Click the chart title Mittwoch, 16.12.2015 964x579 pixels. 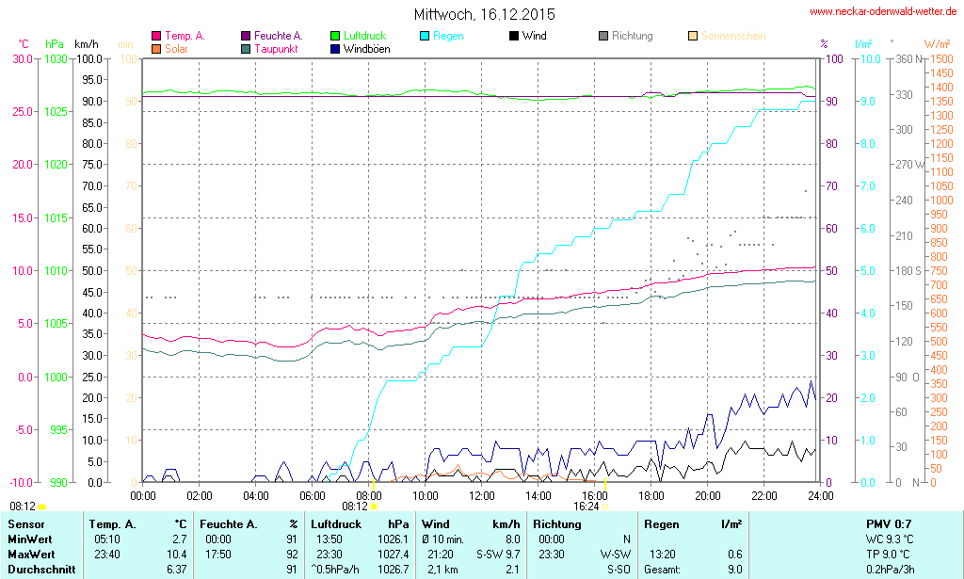484,15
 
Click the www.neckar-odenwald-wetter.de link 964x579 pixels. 884,12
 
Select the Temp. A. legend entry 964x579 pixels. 185,36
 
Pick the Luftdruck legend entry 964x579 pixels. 364,36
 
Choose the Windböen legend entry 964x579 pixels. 366,49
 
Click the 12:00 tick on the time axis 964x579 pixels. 482,495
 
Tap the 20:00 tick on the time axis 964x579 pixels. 708,495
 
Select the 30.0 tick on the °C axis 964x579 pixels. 23,58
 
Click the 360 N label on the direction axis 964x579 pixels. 905,58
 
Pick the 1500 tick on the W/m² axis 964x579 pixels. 940,58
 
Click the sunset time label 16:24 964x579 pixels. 586,506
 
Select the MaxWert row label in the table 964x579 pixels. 31,555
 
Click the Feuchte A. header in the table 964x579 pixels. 227,523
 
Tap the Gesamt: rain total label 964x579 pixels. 662,570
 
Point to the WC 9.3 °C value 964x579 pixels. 889,539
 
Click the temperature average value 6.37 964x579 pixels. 176,570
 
